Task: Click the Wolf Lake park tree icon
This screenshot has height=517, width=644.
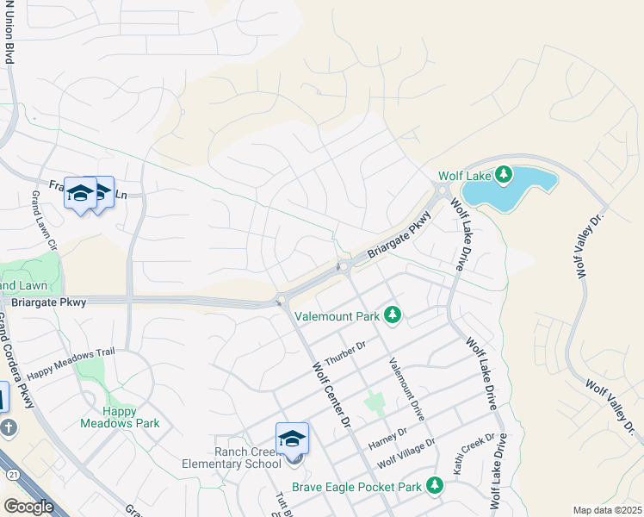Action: pyautogui.click(x=505, y=176)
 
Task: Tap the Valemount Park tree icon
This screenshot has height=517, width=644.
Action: pyautogui.click(x=393, y=316)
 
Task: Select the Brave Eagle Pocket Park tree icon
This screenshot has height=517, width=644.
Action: pyautogui.click(x=435, y=487)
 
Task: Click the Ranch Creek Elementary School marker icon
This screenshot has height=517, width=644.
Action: pyautogui.click(x=292, y=439)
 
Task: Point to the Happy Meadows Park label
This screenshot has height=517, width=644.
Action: pyautogui.click(x=120, y=417)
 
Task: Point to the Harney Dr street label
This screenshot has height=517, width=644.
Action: pyautogui.click(x=387, y=438)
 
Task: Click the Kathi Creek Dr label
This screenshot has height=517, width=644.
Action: pyautogui.click(x=475, y=453)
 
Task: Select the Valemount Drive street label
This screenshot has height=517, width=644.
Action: pyautogui.click(x=406, y=389)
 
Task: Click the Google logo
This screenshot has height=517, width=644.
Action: pyautogui.click(x=28, y=506)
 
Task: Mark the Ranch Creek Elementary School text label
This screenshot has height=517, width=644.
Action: pyautogui.click(x=249, y=458)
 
